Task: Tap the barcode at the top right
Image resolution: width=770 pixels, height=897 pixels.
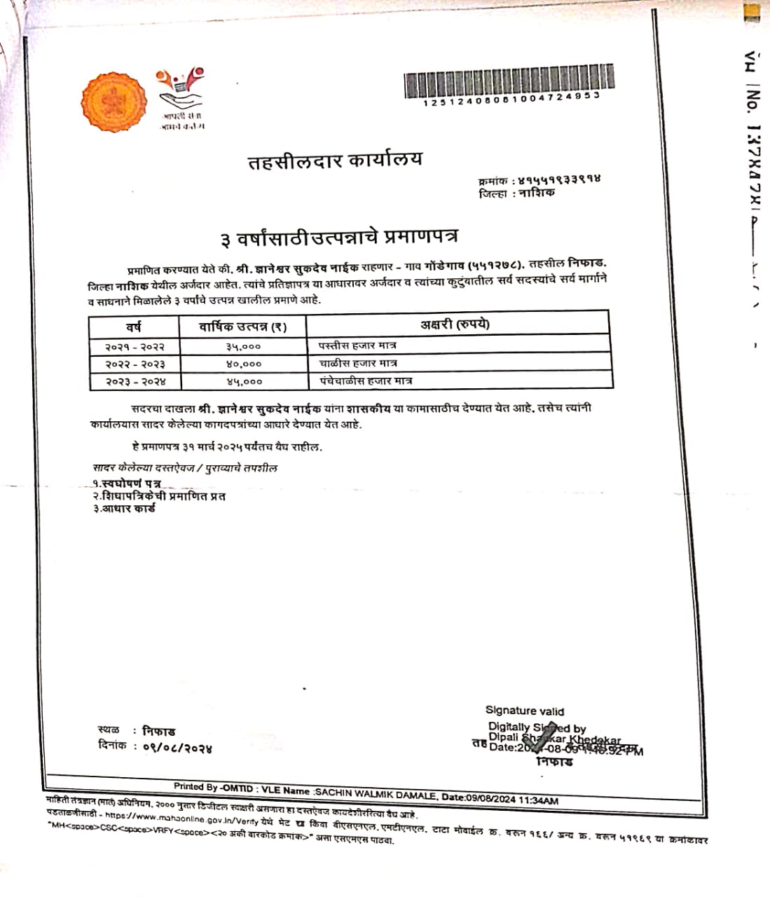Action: click(509, 81)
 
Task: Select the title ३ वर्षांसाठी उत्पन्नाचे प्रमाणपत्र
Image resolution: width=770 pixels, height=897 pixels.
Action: click(339, 238)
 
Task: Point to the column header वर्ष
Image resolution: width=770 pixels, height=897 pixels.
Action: click(133, 326)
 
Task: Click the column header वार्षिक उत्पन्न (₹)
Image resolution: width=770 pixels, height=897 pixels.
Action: click(242, 326)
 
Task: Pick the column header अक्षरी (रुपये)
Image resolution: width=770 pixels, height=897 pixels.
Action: click(455, 324)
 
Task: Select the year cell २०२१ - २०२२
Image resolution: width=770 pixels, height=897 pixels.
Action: click(135, 347)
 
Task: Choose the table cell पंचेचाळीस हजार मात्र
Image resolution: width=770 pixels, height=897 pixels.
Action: click(365, 381)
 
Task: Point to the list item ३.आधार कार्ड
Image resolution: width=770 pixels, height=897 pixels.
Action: click(124, 509)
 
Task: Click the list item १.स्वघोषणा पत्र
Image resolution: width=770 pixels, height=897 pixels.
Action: click(126, 484)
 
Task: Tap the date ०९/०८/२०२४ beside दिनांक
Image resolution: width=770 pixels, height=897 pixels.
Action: click(177, 748)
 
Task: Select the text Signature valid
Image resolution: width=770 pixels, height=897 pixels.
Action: click(524, 711)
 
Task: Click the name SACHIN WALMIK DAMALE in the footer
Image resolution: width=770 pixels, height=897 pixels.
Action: click(376, 791)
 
